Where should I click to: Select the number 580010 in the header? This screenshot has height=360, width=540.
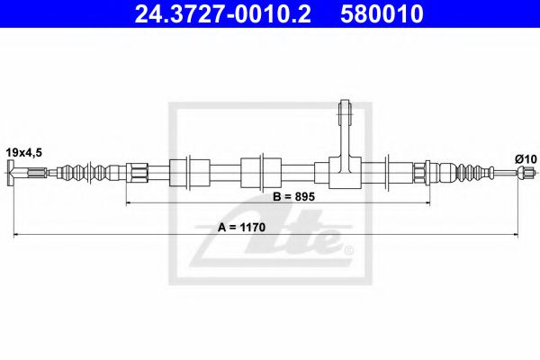click(x=379, y=13)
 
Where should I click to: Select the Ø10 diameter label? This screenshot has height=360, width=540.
click(x=525, y=158)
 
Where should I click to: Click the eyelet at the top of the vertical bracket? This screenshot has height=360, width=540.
click(x=344, y=112)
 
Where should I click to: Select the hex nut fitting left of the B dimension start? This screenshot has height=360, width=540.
click(x=137, y=171)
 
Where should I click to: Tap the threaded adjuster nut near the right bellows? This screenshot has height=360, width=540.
click(x=420, y=171)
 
